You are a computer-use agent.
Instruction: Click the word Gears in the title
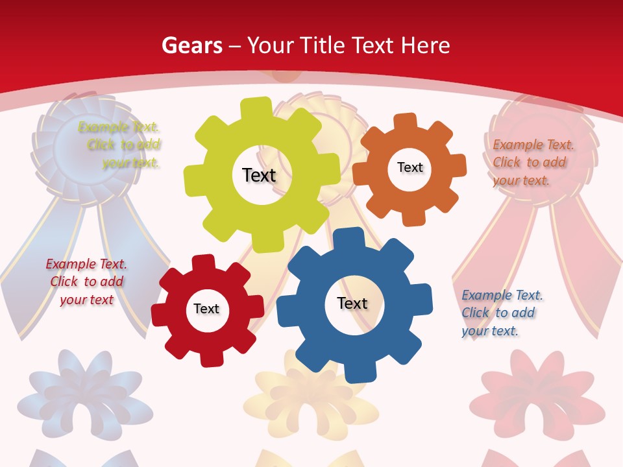(x=191, y=45)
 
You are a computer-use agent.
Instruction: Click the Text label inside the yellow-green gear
(x=259, y=175)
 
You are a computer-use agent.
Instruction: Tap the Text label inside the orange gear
(x=409, y=167)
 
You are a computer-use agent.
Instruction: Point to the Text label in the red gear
(x=206, y=309)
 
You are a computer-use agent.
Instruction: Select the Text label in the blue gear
(x=352, y=303)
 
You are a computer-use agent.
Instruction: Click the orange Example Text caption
(x=533, y=162)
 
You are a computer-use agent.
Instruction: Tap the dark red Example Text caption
(x=86, y=282)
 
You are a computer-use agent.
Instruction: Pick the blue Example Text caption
(x=502, y=313)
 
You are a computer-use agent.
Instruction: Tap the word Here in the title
(x=425, y=45)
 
